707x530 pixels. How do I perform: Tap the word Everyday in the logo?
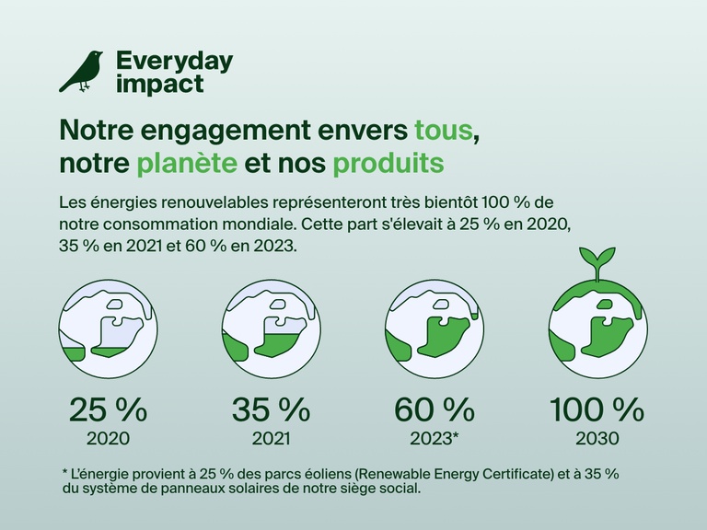tap(174, 62)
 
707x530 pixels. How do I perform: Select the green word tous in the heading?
tap(446, 129)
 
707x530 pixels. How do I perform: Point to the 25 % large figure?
tap(109, 408)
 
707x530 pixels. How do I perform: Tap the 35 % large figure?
tap(271, 408)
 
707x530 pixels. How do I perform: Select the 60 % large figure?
tap(435, 408)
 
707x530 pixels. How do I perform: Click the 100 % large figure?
tap(597, 408)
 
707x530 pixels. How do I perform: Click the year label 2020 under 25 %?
tap(108, 438)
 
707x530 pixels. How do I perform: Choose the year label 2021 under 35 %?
tap(271, 438)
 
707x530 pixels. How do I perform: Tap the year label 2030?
tap(597, 438)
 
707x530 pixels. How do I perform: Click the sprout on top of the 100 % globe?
tap(597, 260)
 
